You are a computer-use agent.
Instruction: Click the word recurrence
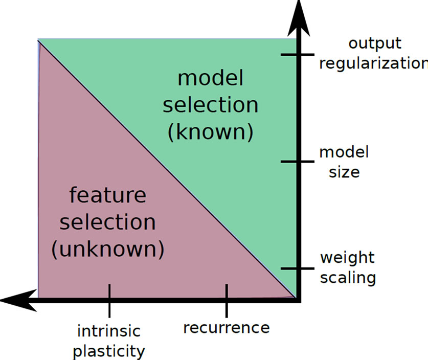[x=226, y=327]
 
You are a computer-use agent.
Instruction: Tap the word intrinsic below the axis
[x=108, y=331]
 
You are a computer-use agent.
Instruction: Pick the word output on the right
[x=375, y=43]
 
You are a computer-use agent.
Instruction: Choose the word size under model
[x=344, y=172]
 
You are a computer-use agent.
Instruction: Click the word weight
[x=347, y=257]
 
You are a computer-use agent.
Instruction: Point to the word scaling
[x=348, y=278]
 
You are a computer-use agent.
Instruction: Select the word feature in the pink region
[x=107, y=196]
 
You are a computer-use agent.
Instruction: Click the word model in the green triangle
[x=210, y=79]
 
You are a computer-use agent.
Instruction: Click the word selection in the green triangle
[x=210, y=105]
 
